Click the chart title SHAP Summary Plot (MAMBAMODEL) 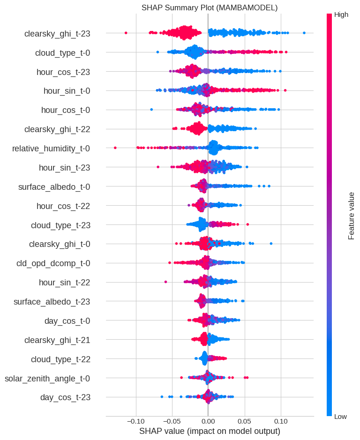[x=210, y=8]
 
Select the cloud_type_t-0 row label [x=62, y=53]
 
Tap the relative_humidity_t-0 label [x=51, y=149]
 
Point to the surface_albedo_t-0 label [x=54, y=187]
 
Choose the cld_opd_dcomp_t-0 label [x=53, y=263]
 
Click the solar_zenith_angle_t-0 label [x=47, y=378]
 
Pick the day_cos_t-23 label [x=65, y=397]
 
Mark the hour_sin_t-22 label [x=65, y=283]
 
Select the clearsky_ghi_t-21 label [x=57, y=340]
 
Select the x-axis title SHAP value [x=210, y=431]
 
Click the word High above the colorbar [x=341, y=15]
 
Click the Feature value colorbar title [x=351, y=216]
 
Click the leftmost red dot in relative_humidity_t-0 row [x=115, y=148]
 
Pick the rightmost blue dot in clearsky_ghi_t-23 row [x=304, y=33]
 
